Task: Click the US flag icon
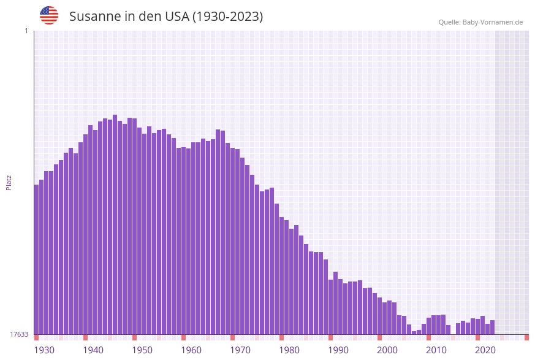point(49,15)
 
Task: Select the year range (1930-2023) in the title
point(227,17)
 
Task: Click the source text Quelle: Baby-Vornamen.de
point(480,22)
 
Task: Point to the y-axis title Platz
point(9,182)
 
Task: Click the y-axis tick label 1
point(26,31)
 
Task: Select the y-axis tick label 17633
point(19,334)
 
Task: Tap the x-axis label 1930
point(44,350)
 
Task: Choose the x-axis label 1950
point(142,350)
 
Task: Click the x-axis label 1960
point(191,350)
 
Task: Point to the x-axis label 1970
point(240,350)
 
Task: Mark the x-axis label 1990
point(338,350)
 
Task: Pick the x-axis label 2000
point(387,350)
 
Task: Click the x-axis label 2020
point(485,350)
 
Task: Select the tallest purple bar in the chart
point(115,224)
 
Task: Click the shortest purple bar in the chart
point(414,332)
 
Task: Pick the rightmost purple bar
point(492,327)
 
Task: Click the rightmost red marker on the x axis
point(526,337)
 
